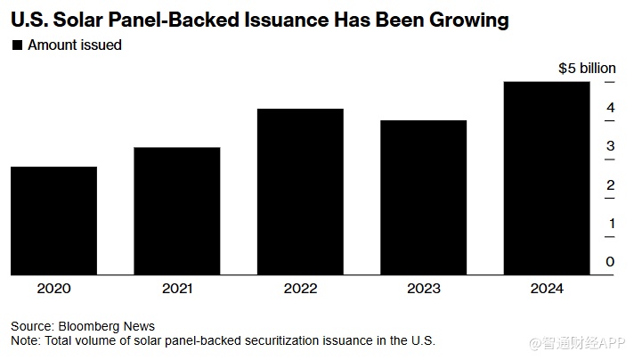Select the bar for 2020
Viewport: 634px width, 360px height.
(x=54, y=220)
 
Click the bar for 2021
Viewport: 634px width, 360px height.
(x=177, y=210)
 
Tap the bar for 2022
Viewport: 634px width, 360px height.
(x=300, y=192)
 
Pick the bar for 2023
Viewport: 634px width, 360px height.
(x=423, y=197)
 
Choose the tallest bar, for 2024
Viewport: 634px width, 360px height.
(x=546, y=178)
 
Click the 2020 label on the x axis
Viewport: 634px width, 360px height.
(x=54, y=290)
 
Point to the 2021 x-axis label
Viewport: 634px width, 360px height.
(x=177, y=290)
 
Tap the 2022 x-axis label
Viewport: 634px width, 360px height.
(x=300, y=290)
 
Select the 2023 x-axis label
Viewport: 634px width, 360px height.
(x=423, y=290)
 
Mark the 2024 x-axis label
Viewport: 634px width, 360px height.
(x=546, y=290)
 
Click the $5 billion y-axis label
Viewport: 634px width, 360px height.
(x=587, y=68)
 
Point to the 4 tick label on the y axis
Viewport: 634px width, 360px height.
(x=610, y=108)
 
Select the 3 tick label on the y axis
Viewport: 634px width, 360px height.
(x=610, y=146)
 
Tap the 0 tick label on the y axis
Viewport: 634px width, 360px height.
(x=610, y=261)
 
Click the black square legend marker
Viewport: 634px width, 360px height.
(x=16, y=45)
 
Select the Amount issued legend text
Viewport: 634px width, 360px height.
(x=75, y=45)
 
